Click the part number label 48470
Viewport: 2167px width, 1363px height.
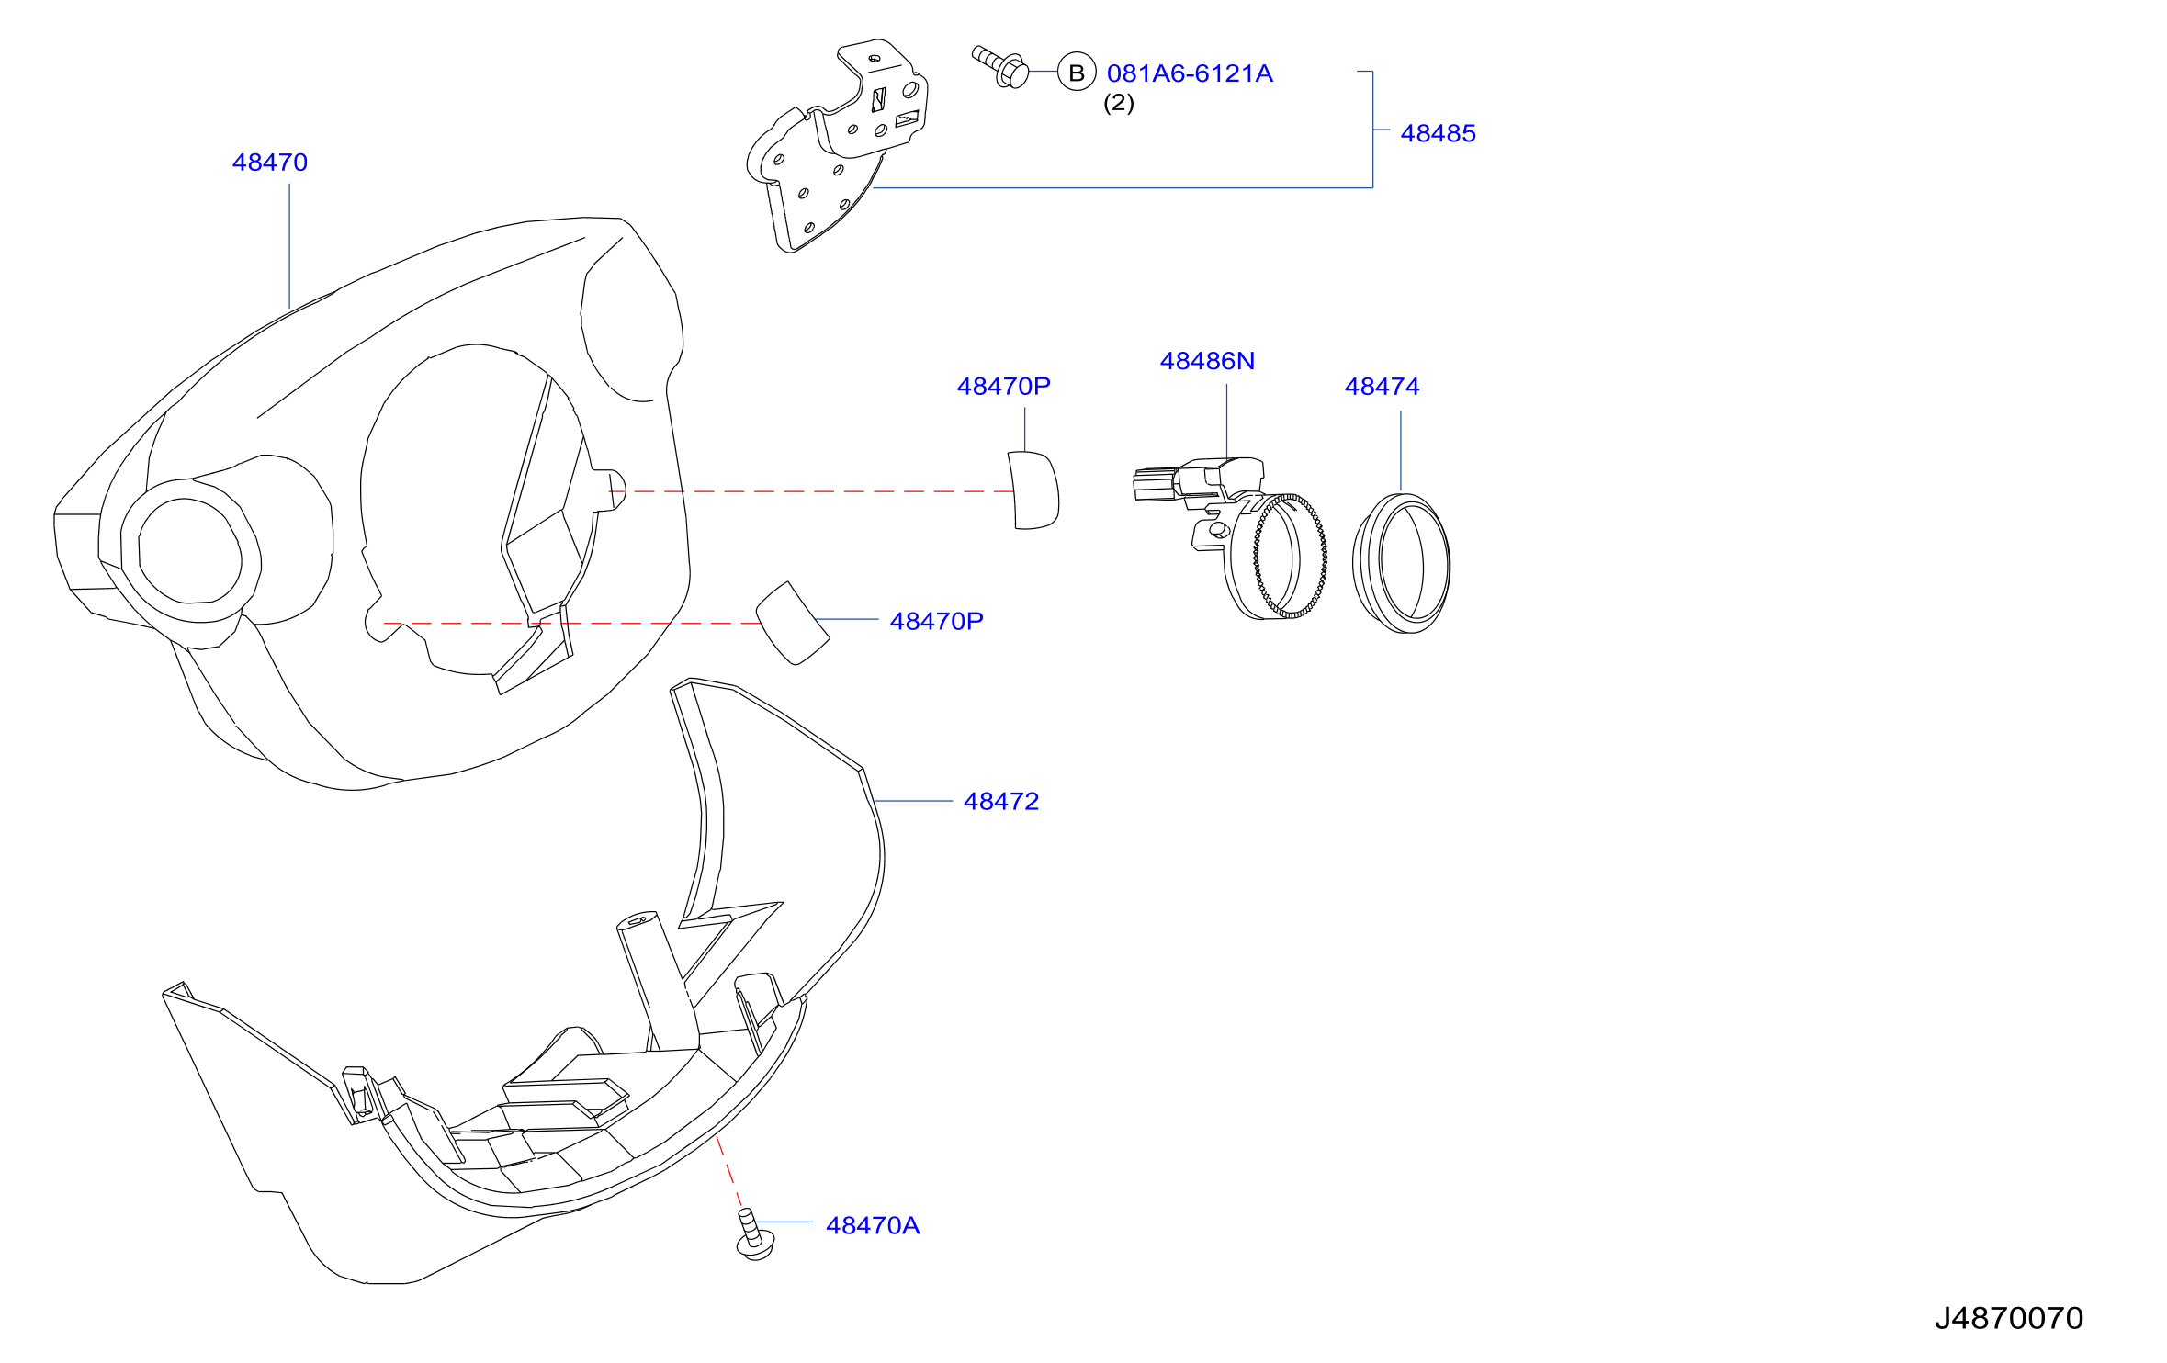(269, 163)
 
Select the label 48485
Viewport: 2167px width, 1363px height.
(1438, 133)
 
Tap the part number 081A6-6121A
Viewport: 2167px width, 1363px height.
(1190, 73)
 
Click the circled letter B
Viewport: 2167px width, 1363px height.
(1077, 73)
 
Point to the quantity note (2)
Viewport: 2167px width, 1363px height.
(1118, 103)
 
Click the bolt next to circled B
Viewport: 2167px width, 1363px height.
(1000, 67)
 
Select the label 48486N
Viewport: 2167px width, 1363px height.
(1207, 361)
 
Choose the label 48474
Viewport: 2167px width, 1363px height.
(1382, 387)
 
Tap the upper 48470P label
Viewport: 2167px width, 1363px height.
(1003, 386)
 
